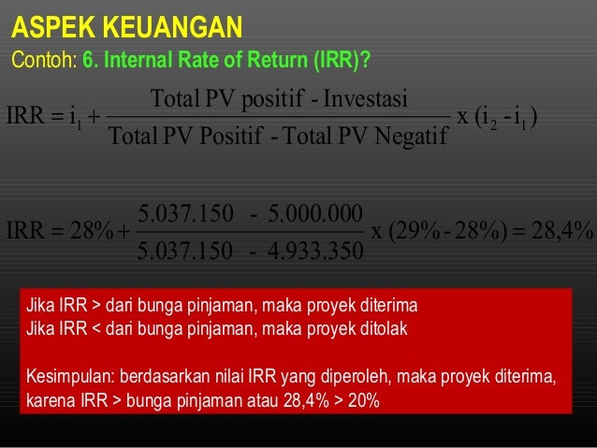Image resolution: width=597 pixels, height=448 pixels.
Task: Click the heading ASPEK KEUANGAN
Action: click(125, 25)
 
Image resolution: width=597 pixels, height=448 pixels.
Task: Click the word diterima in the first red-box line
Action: click(393, 306)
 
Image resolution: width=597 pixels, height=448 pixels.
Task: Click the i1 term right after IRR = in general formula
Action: click(75, 117)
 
